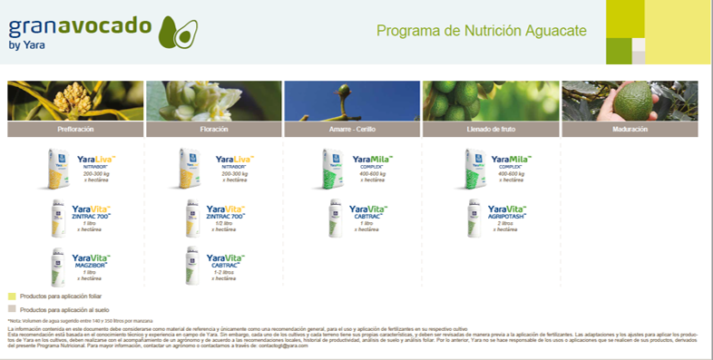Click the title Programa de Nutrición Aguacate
[x=481, y=30]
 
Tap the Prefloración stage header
[x=75, y=130]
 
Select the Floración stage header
[x=213, y=130]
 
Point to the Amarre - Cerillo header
[x=352, y=130]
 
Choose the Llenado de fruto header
[x=490, y=130]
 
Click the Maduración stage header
[x=630, y=130]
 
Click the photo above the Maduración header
[x=630, y=101]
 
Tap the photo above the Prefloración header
[x=75, y=101]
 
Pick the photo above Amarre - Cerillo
[x=352, y=101]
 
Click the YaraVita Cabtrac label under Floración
[x=227, y=261]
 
